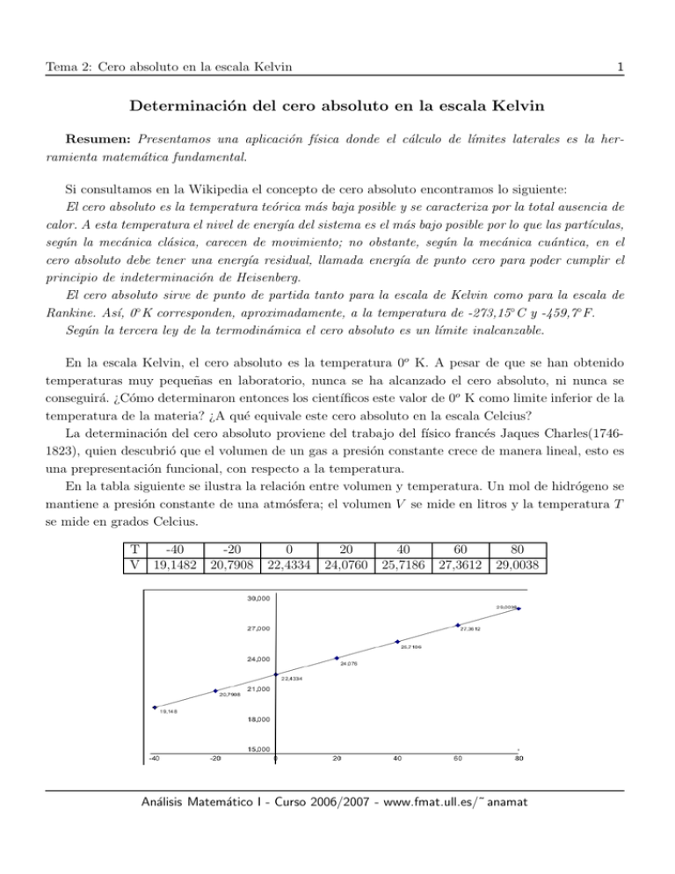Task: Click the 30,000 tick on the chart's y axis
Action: (258, 599)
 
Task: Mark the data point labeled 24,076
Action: (337, 658)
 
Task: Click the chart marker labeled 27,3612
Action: (458, 626)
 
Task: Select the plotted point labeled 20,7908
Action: (215, 690)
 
